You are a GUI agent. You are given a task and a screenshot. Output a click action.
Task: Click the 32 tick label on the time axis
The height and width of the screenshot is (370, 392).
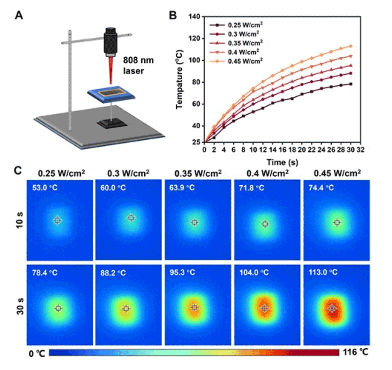(360, 150)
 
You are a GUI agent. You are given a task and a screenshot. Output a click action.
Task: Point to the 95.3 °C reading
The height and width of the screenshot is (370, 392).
(183, 272)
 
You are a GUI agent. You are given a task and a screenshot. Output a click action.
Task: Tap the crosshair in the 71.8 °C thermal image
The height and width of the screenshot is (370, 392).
(265, 224)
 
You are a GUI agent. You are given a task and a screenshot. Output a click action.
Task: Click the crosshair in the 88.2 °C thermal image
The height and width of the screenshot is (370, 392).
(126, 309)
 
